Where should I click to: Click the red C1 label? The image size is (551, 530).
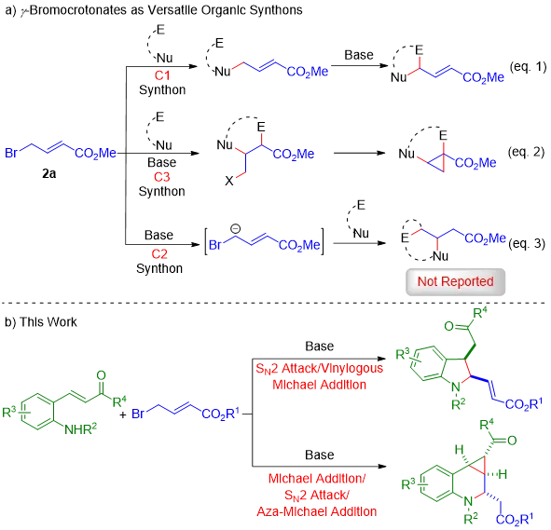162,75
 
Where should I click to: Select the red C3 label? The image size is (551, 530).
161,177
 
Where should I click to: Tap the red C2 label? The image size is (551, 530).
159,253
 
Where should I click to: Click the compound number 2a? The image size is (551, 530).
49,173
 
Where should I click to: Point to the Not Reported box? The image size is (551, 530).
455,282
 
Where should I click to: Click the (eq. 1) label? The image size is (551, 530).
529,67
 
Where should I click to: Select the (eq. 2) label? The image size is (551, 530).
526,152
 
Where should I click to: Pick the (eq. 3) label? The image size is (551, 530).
527,244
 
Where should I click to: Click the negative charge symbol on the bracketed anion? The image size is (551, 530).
236,229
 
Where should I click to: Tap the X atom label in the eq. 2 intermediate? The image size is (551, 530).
229,181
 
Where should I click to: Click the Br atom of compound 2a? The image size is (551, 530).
11,153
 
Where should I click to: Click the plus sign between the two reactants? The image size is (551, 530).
123,414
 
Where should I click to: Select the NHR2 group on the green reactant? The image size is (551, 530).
80,428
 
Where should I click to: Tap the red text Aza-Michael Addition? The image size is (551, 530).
317,511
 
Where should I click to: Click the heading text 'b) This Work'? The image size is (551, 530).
41,322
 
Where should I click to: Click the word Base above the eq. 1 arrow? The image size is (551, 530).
359,55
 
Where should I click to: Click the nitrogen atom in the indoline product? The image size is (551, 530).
456,387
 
